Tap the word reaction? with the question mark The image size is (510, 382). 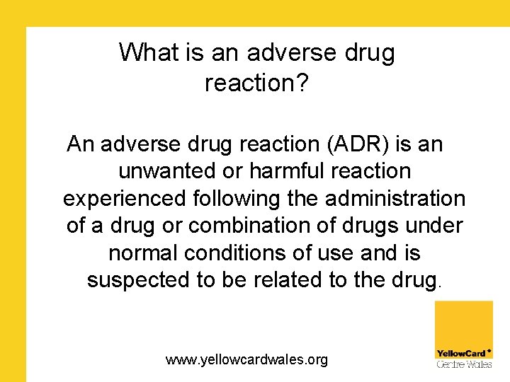(256, 83)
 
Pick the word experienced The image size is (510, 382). (125, 198)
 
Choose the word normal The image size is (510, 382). (144, 252)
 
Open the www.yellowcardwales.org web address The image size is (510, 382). (247, 360)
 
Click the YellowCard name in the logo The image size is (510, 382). (460, 353)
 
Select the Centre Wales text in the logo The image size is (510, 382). (463, 364)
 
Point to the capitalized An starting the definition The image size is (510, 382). (80, 144)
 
